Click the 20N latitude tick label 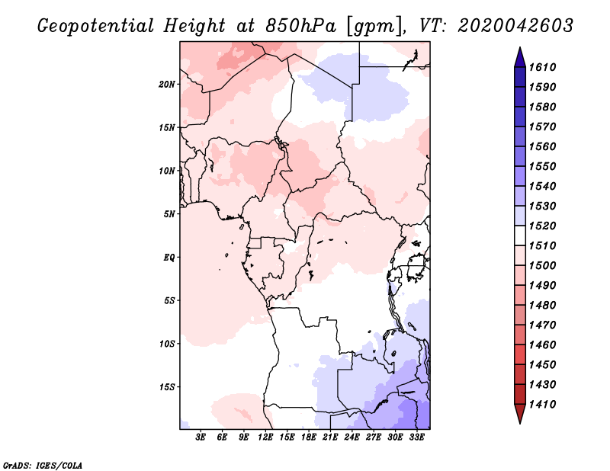[167, 85]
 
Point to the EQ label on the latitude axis [169, 258]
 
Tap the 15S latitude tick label [167, 387]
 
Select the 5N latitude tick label [169, 214]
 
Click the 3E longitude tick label [201, 437]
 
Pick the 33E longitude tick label [416, 437]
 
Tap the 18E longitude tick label [309, 437]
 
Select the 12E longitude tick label [265, 437]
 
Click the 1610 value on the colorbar [542, 67]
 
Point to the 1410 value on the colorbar [542, 405]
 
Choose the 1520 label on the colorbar [542, 226]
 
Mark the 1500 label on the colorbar [542, 266]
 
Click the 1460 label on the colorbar [542, 345]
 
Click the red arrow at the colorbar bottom [520, 413]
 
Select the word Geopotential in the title [96, 27]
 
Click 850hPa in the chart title [301, 26]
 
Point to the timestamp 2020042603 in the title [515, 26]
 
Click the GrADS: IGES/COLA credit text [43, 466]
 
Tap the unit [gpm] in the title [375, 27]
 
